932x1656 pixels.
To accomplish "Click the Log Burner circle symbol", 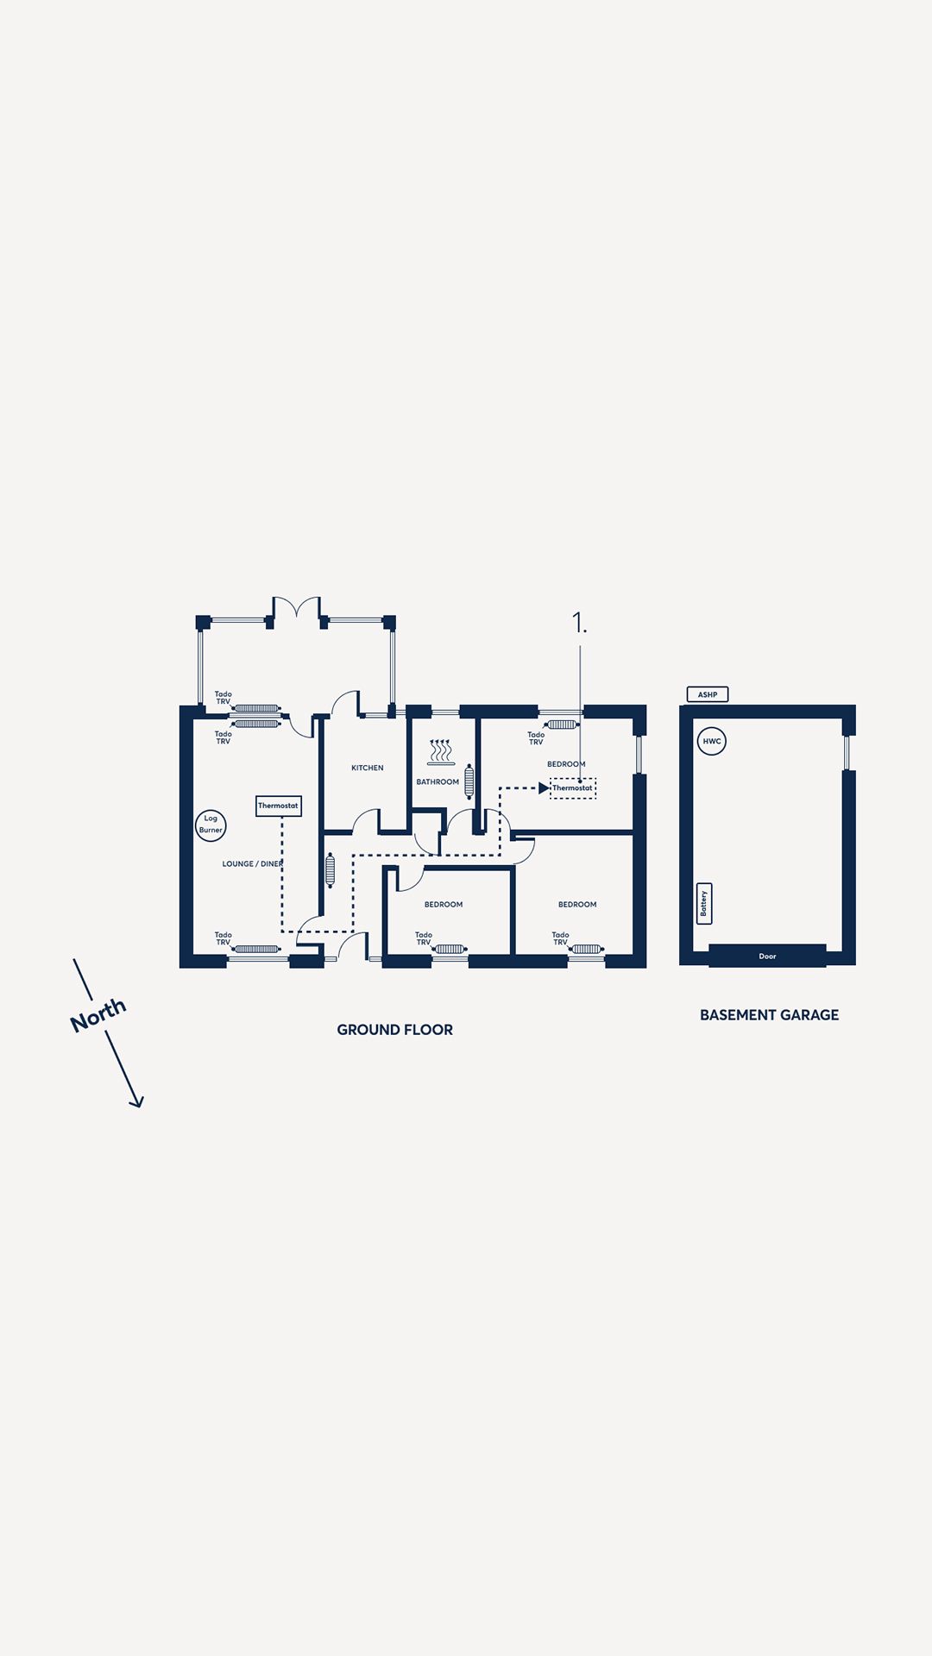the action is point(211,825).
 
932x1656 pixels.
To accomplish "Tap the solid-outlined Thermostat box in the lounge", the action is point(279,806).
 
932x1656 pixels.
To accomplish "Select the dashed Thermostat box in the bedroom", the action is point(573,788).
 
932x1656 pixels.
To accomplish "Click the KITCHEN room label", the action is point(368,768).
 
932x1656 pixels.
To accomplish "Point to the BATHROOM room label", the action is point(438,782).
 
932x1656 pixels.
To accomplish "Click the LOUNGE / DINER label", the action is point(253,863).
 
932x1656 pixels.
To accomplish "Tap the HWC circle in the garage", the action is point(712,742).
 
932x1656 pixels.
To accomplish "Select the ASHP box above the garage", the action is point(708,694).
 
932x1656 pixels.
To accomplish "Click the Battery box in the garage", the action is point(704,904).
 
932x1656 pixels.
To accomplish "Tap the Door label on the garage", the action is point(767,956).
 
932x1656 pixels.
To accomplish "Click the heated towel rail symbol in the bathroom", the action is point(441,752).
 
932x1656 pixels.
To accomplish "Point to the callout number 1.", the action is point(579,623).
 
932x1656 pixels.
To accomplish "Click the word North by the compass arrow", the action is point(98,1014).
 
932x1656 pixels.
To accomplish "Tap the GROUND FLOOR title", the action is point(395,1030).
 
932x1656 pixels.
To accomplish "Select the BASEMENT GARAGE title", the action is point(770,1015).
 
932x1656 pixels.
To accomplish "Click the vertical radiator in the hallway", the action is point(330,870).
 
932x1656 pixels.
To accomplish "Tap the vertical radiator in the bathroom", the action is point(469,781).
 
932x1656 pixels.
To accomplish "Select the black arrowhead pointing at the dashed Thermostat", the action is point(545,788).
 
